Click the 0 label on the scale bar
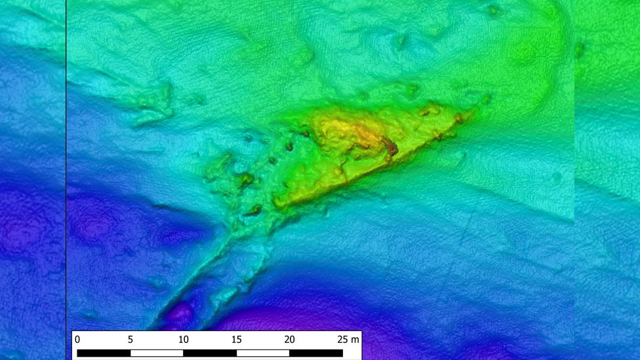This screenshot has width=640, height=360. pyautogui.click(x=77, y=340)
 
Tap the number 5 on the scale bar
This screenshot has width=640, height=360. pyautogui.click(x=130, y=340)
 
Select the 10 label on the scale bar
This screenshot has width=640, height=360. pyautogui.click(x=183, y=340)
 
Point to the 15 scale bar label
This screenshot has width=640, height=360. pyautogui.click(x=236, y=340)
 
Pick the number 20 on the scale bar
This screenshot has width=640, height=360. pyautogui.click(x=289, y=340)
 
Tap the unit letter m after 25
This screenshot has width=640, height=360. pyautogui.click(x=355, y=340)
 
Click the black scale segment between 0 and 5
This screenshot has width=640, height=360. pyautogui.click(x=104, y=353)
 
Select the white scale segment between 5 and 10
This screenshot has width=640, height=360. pyautogui.click(x=157, y=353)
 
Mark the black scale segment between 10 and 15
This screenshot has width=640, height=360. pyautogui.click(x=210, y=353)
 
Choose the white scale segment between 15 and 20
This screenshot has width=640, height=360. pyautogui.click(x=262, y=353)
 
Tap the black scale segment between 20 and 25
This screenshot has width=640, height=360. pyautogui.click(x=315, y=353)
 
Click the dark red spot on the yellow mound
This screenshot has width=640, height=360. pyautogui.click(x=391, y=148)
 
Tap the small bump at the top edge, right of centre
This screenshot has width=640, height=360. pyautogui.click(x=493, y=10)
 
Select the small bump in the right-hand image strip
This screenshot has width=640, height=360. pyautogui.click(x=580, y=47)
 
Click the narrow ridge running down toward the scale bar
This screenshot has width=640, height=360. pyautogui.click(x=197, y=275)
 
